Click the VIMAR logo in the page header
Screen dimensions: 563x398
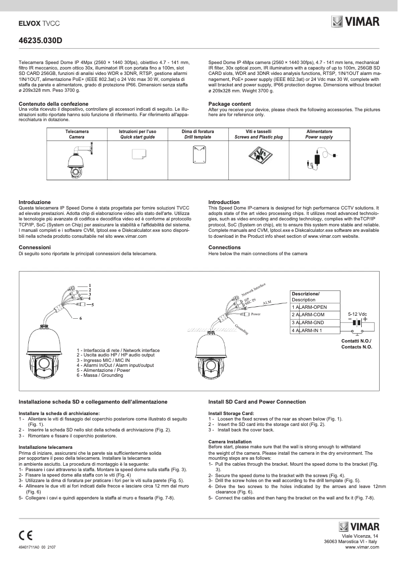(355, 22)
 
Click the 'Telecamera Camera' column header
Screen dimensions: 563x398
(77, 134)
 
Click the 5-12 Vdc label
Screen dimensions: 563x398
(357, 314)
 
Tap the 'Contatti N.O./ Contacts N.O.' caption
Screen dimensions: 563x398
(356, 344)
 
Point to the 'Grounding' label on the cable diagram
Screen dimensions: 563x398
(242, 328)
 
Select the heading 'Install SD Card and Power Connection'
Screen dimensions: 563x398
(257, 402)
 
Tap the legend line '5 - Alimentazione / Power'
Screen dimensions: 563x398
(103, 370)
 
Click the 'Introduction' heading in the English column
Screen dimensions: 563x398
(224, 202)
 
